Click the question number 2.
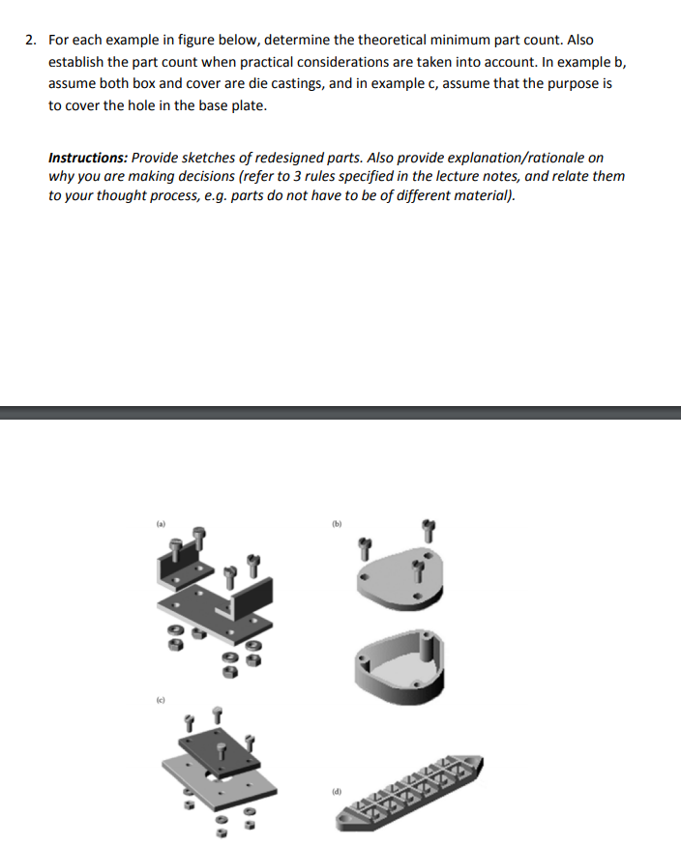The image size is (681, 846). click(x=30, y=40)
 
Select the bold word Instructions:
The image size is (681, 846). click(x=88, y=158)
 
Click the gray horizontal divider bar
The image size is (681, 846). click(x=340, y=413)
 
